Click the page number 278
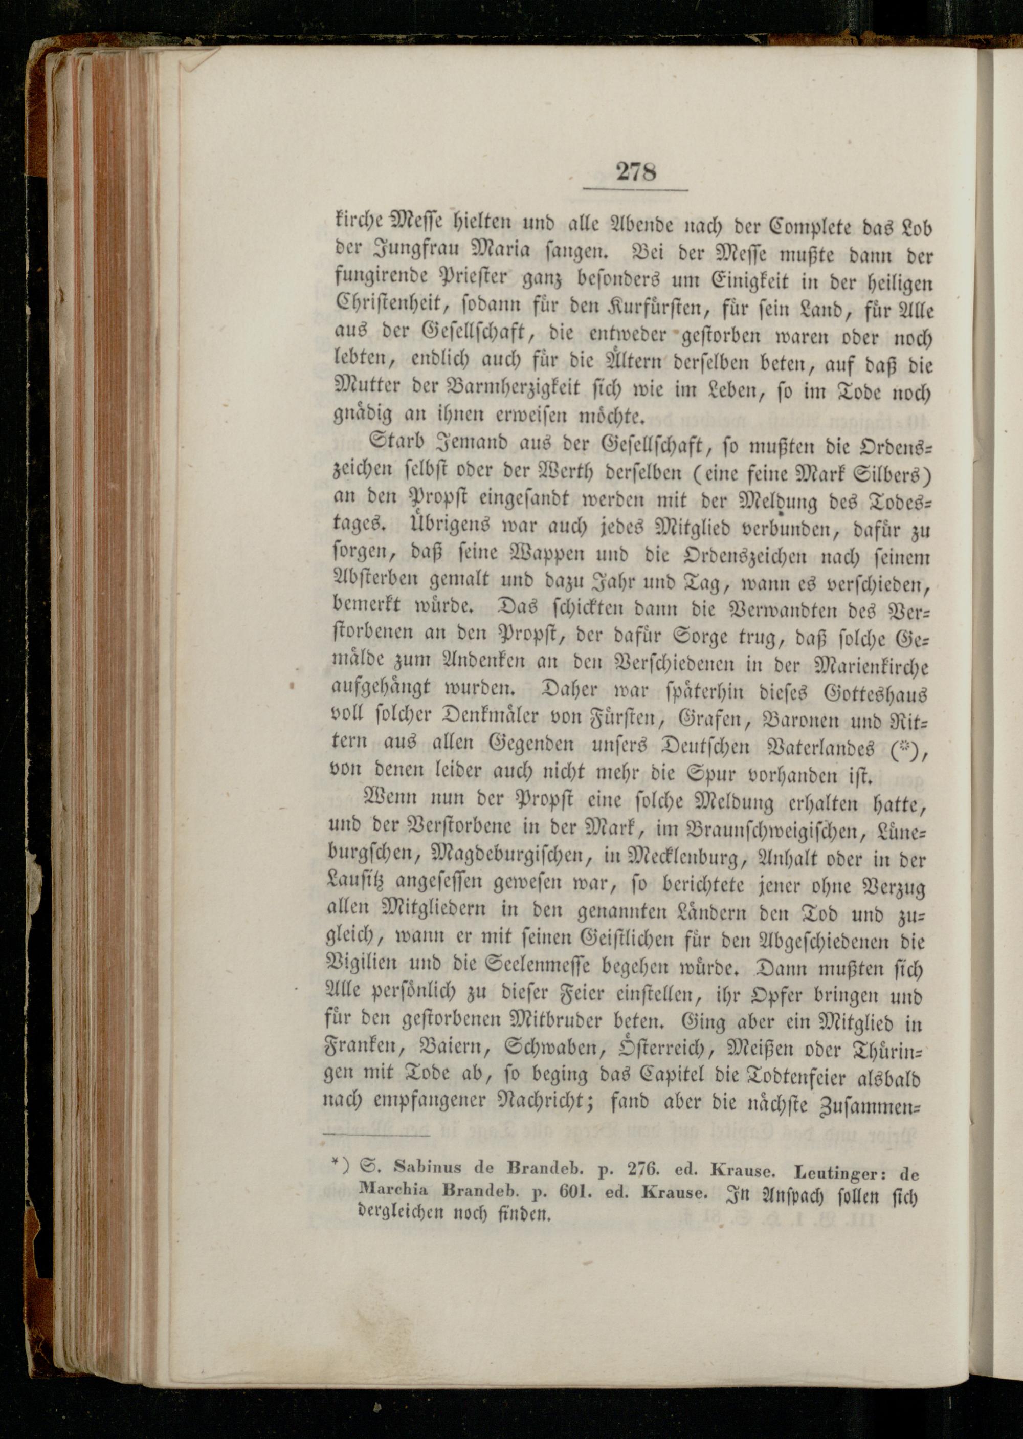coord(636,172)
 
